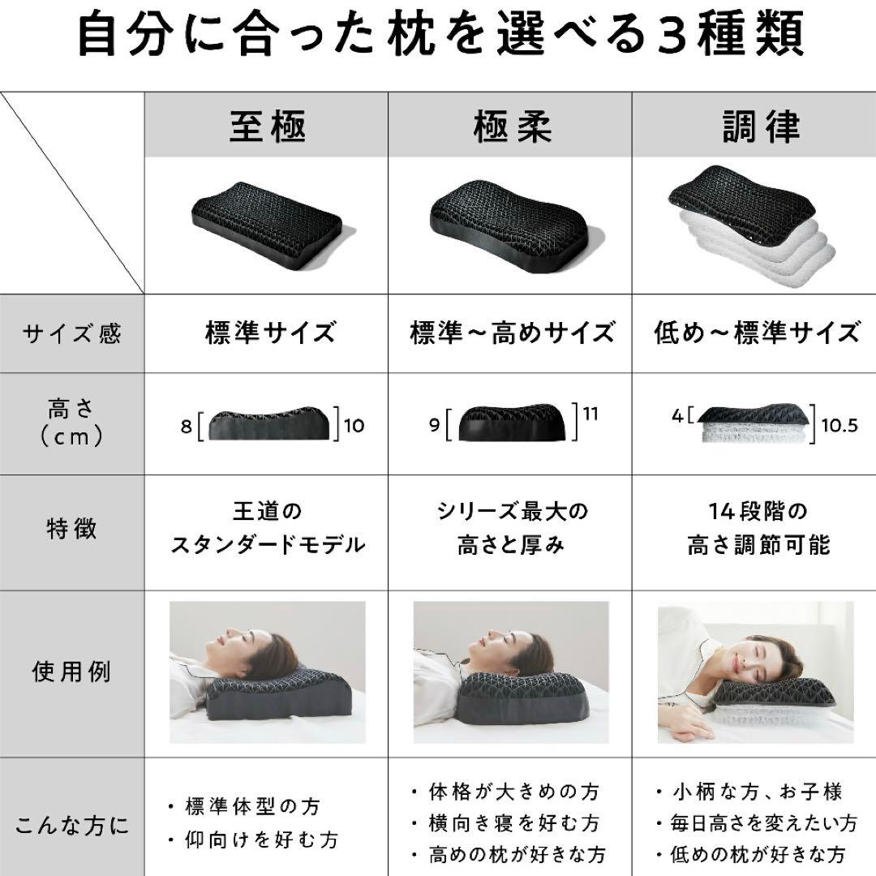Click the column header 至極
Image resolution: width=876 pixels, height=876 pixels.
(x=267, y=127)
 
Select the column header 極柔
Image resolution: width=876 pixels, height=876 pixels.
(x=511, y=127)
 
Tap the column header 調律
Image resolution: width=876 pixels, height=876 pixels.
(x=760, y=127)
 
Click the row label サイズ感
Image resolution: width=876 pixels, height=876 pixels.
(x=71, y=333)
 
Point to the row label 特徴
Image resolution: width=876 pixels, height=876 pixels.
(x=71, y=529)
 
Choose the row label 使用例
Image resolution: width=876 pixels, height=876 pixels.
(x=71, y=672)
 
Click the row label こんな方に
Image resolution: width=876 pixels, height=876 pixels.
(x=71, y=827)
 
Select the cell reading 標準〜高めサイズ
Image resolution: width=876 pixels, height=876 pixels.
(x=511, y=333)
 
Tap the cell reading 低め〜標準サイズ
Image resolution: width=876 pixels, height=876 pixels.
(x=756, y=333)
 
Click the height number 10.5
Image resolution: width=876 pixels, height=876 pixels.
(x=839, y=426)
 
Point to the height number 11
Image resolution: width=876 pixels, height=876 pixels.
(x=590, y=414)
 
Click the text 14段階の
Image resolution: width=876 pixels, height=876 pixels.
(x=758, y=513)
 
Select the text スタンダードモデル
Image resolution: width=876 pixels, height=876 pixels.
(x=268, y=545)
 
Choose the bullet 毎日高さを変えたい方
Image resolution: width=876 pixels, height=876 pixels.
(x=763, y=823)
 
